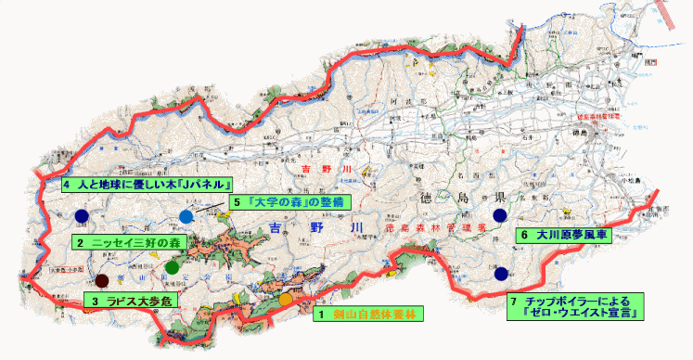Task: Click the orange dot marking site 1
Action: [x=286, y=300]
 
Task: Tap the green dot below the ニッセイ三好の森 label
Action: [x=171, y=267]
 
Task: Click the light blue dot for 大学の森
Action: [x=186, y=216]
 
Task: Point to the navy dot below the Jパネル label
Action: [x=82, y=216]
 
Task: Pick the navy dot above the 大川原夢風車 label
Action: [x=501, y=215]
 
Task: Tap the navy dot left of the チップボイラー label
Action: [x=501, y=275]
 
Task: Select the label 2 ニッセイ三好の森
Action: [x=129, y=242]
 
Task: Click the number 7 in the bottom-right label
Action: [x=514, y=301]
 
